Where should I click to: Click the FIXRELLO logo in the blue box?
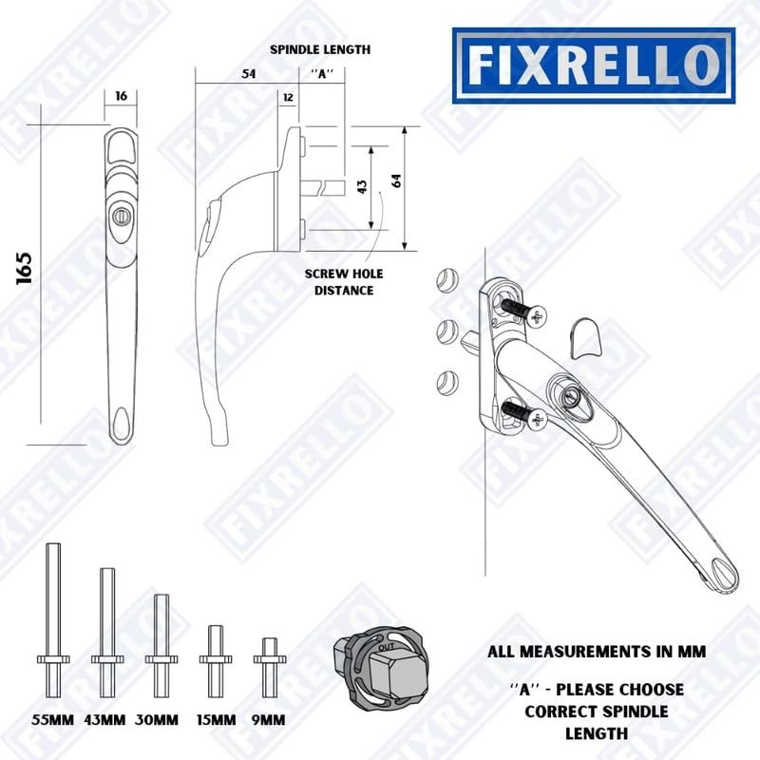(592, 65)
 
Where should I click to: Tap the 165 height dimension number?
(25, 270)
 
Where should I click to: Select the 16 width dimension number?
(120, 97)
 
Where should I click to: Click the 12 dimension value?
(287, 97)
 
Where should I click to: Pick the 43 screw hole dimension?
(362, 187)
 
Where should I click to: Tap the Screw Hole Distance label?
(344, 282)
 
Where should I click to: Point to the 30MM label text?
(157, 719)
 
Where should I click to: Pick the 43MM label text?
(104, 719)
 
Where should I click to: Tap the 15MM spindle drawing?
(216, 653)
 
